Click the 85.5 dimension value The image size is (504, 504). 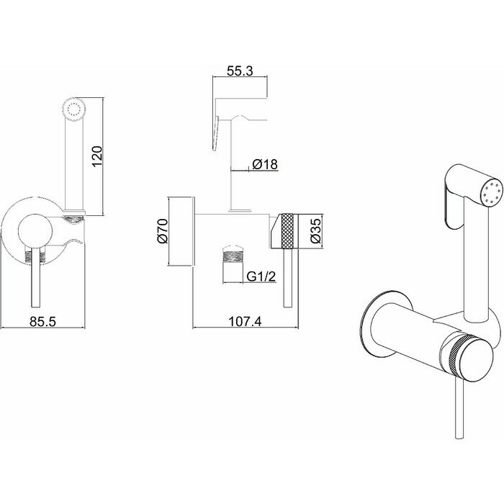[42, 321]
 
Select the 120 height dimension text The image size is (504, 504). [99, 155]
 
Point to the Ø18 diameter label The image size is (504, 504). [265, 165]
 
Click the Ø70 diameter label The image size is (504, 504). [162, 230]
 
